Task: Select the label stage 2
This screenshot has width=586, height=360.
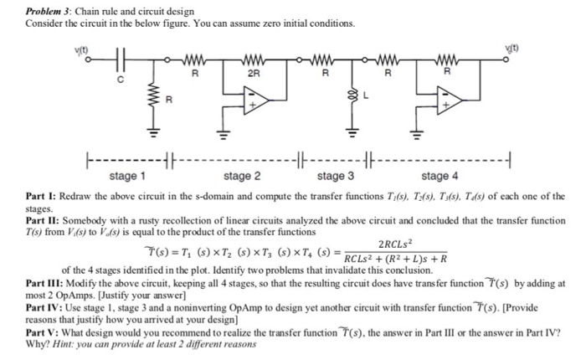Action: (x=242, y=176)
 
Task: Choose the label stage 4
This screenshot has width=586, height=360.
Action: (x=439, y=176)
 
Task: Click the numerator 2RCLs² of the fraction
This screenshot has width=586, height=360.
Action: (x=396, y=244)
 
